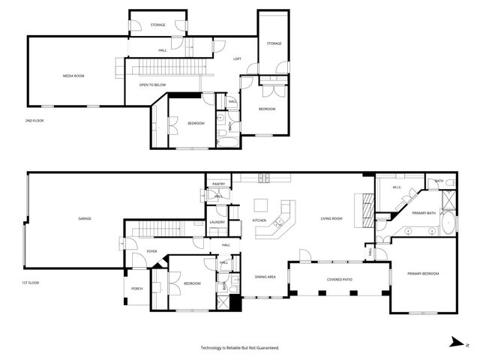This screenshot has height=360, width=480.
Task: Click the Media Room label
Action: point(73,76)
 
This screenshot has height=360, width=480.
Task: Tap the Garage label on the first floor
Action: point(85,218)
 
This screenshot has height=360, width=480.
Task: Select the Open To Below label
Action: point(152,85)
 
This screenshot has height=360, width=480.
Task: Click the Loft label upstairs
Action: point(237,58)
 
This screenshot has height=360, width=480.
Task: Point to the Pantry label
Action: point(218,184)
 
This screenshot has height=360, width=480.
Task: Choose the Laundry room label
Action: point(217,222)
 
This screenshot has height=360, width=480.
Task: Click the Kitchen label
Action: point(259,220)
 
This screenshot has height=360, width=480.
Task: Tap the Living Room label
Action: point(331,218)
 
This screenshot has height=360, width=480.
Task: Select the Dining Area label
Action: point(265,277)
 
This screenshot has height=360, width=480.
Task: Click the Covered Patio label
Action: point(340,279)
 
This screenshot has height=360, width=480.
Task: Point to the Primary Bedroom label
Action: point(423,274)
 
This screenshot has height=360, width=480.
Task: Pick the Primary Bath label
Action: point(424,214)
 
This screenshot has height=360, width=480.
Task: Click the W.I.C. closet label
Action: point(397,187)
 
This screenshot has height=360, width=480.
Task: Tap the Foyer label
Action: point(152,251)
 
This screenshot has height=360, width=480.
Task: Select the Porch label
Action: point(137,288)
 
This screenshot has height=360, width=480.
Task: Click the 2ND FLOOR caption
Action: point(35,120)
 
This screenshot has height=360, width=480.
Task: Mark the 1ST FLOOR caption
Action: point(31,282)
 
